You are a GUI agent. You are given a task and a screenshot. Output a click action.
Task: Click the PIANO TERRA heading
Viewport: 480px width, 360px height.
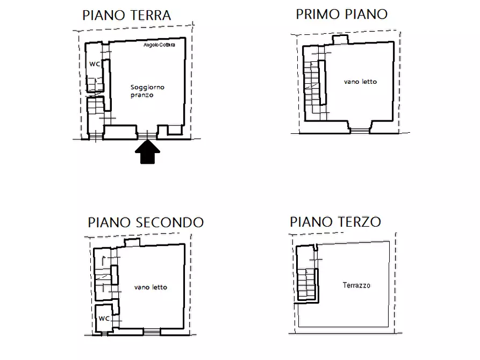[x=126, y=15]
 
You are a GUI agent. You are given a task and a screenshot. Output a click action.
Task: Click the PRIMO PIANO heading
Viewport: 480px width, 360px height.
[x=341, y=14]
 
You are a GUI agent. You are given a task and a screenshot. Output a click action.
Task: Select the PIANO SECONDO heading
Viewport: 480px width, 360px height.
[x=146, y=222]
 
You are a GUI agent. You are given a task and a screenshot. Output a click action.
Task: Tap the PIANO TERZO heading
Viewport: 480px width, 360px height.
[x=335, y=221]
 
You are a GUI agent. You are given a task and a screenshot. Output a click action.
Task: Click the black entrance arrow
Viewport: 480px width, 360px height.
[x=147, y=154]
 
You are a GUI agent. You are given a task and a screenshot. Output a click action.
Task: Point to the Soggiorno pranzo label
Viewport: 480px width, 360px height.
[x=147, y=91]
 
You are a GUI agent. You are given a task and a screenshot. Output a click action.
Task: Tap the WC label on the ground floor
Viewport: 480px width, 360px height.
[x=95, y=63]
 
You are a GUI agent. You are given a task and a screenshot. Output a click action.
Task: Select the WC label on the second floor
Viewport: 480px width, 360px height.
[x=104, y=318]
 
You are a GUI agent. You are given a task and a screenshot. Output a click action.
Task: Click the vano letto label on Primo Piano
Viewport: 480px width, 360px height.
[x=360, y=82]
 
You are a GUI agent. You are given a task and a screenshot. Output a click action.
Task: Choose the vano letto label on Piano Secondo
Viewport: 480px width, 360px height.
[x=151, y=287]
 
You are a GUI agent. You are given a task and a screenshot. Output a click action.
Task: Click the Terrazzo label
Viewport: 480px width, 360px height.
[x=356, y=285]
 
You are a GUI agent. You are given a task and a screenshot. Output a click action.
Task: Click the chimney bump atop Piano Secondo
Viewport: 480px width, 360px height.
[x=132, y=243]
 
